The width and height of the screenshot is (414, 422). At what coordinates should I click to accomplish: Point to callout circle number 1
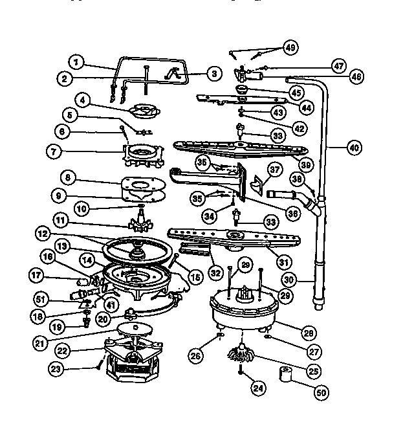(x=77, y=63)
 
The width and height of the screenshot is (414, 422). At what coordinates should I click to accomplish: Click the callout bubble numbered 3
(x=213, y=74)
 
